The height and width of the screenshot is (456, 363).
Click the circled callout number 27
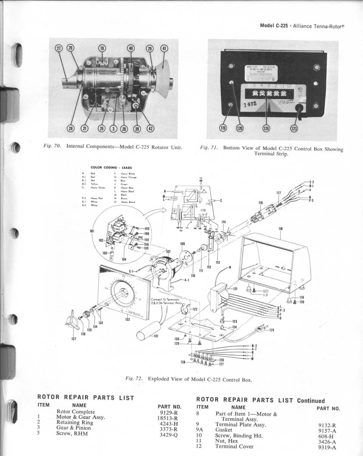[59, 48]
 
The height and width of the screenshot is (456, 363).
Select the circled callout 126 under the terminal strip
[266, 129]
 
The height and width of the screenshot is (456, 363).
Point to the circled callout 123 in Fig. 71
[294, 129]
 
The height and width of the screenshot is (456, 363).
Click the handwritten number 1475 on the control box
[251, 105]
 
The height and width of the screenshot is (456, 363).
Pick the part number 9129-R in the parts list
[169, 412]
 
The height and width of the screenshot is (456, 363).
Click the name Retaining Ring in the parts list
[75, 422]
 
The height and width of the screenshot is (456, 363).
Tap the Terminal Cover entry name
[234, 447]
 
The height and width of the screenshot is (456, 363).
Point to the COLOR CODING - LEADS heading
[111, 168]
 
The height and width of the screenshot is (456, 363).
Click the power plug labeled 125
[260, 329]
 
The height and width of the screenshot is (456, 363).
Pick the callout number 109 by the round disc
[183, 244]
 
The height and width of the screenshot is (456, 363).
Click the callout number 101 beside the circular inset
[92, 231]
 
